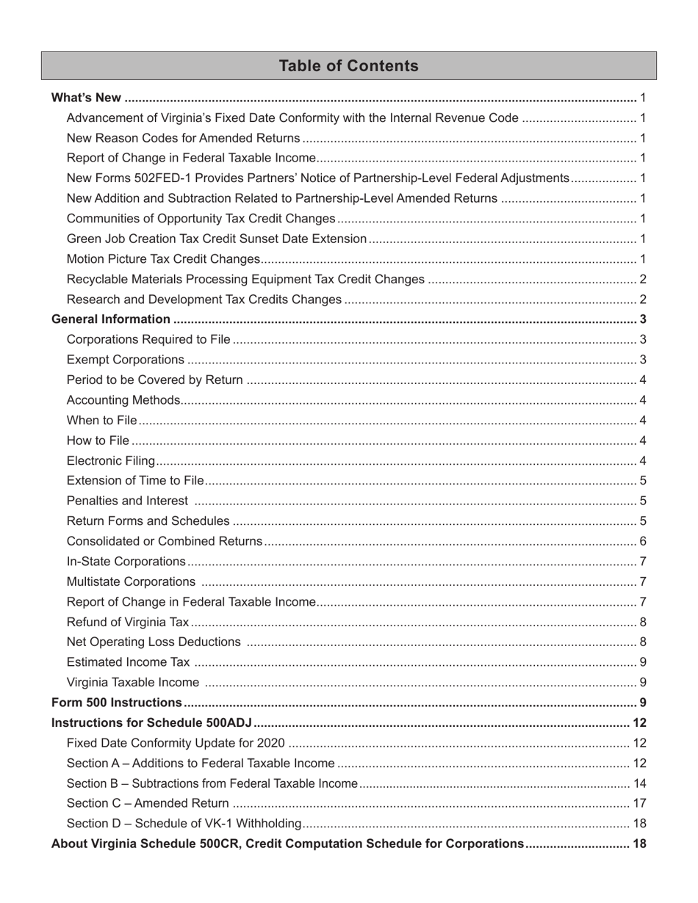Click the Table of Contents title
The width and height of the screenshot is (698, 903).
coord(348,66)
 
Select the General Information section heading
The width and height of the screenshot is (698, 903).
coord(110,319)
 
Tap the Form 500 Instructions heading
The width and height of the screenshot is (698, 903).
coord(116,703)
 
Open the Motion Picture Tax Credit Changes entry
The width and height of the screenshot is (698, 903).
coord(163,259)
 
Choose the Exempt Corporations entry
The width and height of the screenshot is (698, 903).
coord(125,360)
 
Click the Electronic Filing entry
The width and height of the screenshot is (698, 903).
coord(111,461)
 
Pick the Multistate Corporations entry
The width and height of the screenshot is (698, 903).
coord(131,582)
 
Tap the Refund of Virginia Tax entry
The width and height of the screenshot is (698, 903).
coord(128,623)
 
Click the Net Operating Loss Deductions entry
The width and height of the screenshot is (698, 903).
coord(153,642)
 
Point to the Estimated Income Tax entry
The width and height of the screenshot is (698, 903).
coord(128,663)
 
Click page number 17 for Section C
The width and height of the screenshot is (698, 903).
coord(639,803)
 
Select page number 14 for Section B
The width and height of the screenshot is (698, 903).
coord(639,783)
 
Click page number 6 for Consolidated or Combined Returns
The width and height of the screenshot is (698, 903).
coord(643,542)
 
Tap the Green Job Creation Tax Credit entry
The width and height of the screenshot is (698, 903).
coord(216,239)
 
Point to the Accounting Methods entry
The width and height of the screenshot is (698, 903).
coord(123,400)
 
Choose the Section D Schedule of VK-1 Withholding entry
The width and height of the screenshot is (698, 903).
coord(184,824)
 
